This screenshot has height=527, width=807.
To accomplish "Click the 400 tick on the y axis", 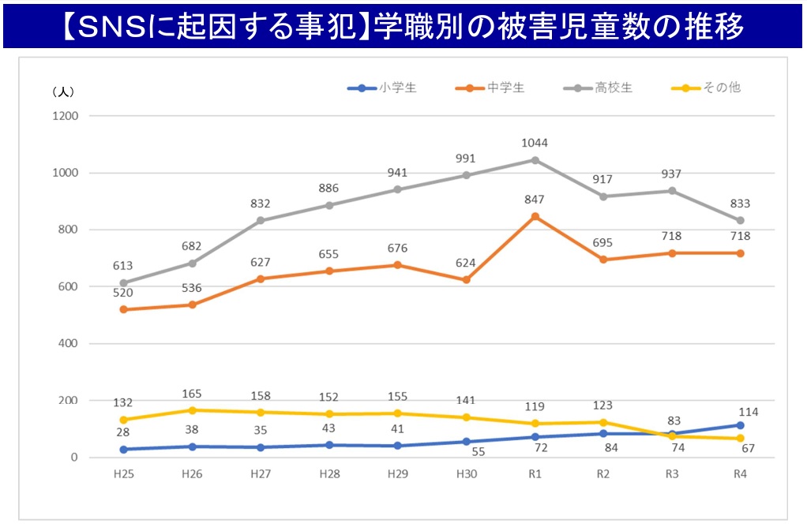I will pos(68,344).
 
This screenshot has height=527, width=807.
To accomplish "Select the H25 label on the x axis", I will pos(124,474).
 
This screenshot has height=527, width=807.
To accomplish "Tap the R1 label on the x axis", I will pos(535,474).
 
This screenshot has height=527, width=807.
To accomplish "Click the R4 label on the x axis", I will pos(740,474).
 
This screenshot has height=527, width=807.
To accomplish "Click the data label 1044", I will pos(535,143).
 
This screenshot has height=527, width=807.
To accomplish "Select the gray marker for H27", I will pos(261,221).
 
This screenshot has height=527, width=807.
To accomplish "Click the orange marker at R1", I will pos(535,216).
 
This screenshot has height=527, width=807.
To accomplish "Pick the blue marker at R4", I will pos(740,425).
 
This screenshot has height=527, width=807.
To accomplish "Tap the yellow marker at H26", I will pos(193,410).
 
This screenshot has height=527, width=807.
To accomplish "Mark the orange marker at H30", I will pos(466,280).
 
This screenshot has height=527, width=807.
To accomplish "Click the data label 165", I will pos(193,392).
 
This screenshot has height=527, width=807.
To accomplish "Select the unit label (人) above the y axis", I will pos(62,92).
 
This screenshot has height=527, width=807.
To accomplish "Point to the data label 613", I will pos(122,266).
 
